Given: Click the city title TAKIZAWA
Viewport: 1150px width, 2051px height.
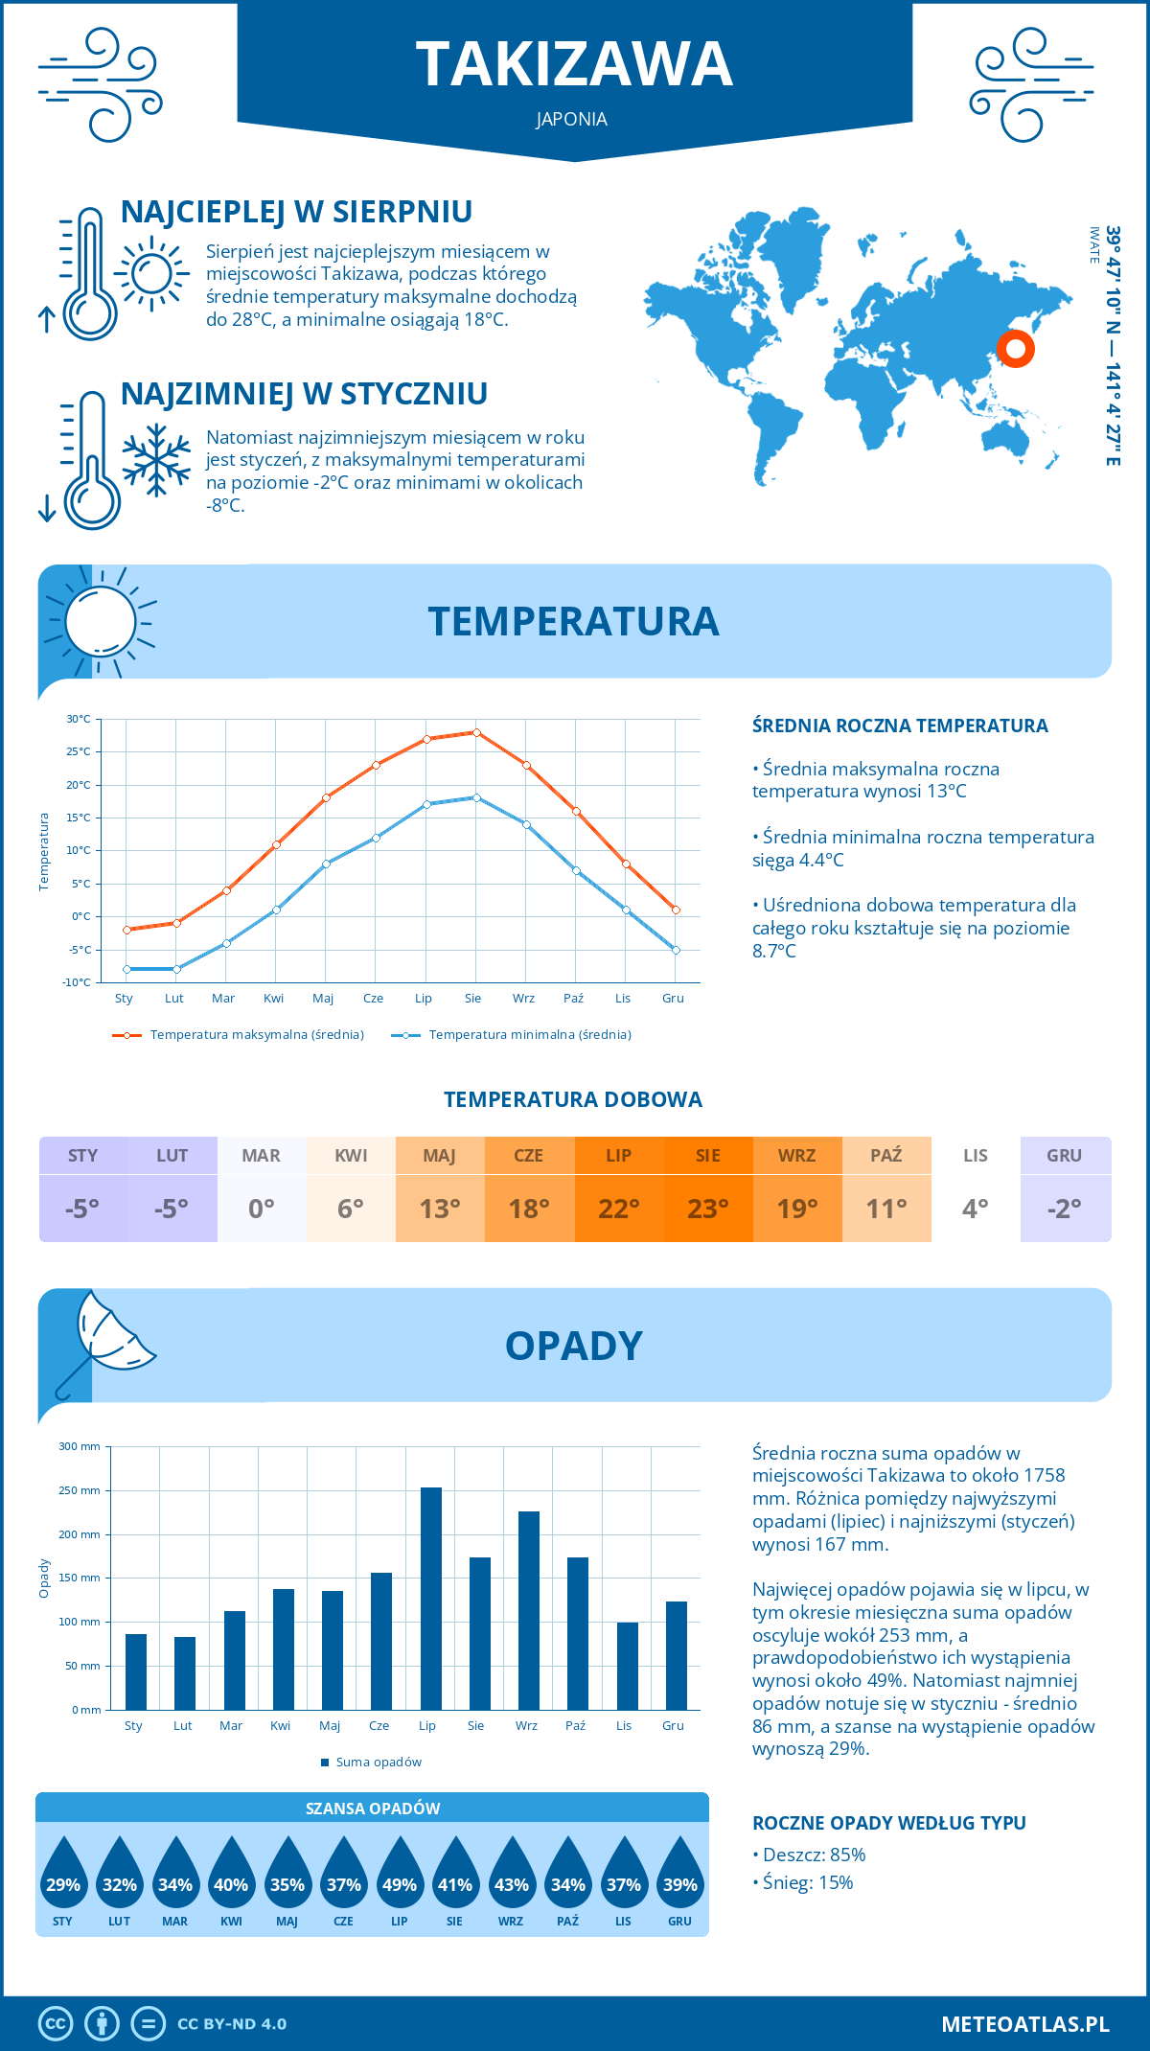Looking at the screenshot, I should click(574, 64).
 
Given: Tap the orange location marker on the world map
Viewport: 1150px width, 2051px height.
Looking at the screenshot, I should click(1015, 348).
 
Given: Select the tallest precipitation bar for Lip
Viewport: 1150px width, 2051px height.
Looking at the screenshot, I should click(431, 1598).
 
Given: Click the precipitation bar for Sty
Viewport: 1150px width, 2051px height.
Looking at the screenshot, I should click(136, 1671).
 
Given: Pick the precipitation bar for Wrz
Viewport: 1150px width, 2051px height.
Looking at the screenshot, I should click(529, 1610).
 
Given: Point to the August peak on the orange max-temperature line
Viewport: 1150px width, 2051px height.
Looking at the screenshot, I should click(476, 732).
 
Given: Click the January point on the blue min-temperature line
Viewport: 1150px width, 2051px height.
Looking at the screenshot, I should click(126, 969).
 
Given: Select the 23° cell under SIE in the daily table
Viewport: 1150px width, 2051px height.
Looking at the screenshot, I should click(708, 1209).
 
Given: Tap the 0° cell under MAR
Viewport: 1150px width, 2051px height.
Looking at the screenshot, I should click(262, 1209).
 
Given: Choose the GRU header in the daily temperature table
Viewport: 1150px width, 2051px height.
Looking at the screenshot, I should click(1065, 1156).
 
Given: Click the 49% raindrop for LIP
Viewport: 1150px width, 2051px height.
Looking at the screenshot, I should click(400, 1879).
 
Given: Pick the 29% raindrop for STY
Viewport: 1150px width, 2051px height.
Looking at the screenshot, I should click(63, 1879).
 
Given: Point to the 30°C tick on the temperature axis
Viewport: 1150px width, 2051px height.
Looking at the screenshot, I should click(79, 719).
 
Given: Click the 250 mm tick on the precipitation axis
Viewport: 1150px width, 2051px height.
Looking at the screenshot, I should click(80, 1490).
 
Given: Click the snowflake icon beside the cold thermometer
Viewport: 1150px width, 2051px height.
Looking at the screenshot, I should click(156, 459).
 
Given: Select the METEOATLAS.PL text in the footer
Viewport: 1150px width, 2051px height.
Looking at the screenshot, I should click(1024, 2024).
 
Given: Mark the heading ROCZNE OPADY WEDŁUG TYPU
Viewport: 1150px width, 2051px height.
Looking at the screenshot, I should click(888, 1823).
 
